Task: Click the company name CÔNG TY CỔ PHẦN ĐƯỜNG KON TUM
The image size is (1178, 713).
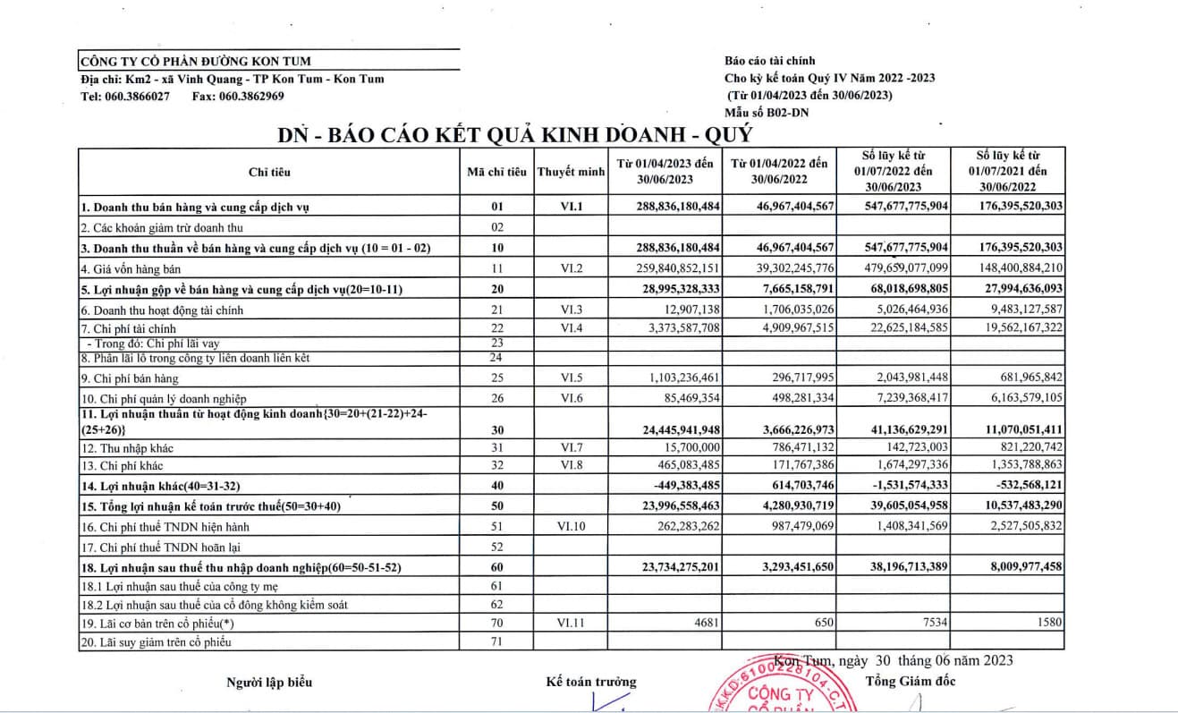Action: tap(196, 62)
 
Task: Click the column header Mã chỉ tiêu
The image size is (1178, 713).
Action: tap(496, 172)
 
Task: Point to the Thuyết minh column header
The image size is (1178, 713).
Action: tap(571, 172)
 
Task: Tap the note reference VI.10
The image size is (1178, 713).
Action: tap(571, 527)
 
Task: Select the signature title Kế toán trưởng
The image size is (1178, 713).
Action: tap(591, 682)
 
